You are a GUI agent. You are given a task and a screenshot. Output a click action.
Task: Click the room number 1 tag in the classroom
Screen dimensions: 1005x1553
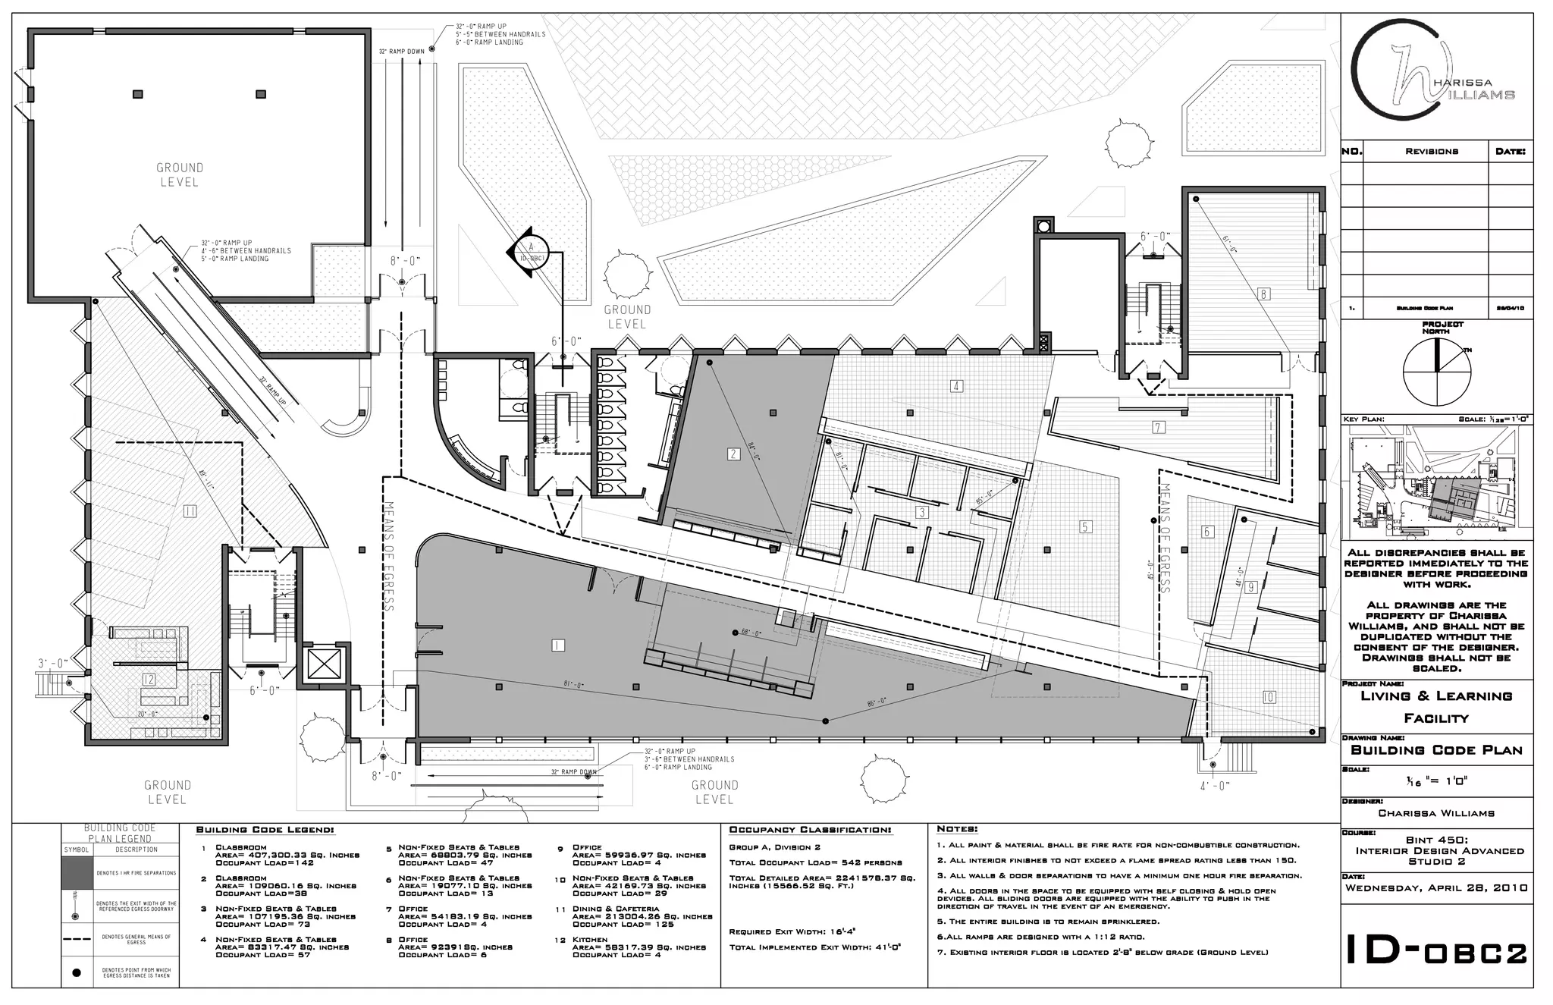pyautogui.click(x=558, y=645)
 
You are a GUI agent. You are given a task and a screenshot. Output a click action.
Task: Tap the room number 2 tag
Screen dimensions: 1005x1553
pyautogui.click(x=733, y=454)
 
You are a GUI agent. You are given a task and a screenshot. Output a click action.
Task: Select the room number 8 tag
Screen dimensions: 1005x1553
pyautogui.click(x=1264, y=294)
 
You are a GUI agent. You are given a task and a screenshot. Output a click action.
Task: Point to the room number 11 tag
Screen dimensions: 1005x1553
pyautogui.click(x=190, y=512)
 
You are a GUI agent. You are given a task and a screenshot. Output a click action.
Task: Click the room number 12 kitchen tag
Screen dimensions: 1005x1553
pyautogui.click(x=149, y=680)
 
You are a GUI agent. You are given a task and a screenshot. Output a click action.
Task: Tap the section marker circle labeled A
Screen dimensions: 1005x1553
pyautogui.click(x=531, y=251)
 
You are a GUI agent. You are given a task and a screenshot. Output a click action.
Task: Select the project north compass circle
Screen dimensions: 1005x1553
pyautogui.click(x=1435, y=372)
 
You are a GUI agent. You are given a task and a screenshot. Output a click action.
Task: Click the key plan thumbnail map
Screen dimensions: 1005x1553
pyautogui.click(x=1435, y=483)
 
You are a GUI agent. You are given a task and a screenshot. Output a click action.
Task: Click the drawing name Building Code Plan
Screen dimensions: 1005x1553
pyautogui.click(x=1436, y=750)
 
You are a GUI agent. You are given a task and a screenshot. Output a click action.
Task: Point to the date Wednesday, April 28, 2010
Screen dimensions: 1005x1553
pyautogui.click(x=1436, y=887)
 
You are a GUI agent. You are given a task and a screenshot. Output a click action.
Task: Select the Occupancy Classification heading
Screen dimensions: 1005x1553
pyautogui.click(x=810, y=830)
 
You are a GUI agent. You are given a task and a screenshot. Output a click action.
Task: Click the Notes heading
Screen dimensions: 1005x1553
pyautogui.click(x=957, y=829)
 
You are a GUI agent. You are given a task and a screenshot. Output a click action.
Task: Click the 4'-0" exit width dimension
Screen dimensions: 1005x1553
pyautogui.click(x=1215, y=787)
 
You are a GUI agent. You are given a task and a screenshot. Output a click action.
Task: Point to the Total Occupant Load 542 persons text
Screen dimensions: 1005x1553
pyautogui.click(x=815, y=862)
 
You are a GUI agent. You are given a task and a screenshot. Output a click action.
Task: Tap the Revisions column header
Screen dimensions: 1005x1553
pyautogui.click(x=1431, y=151)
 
